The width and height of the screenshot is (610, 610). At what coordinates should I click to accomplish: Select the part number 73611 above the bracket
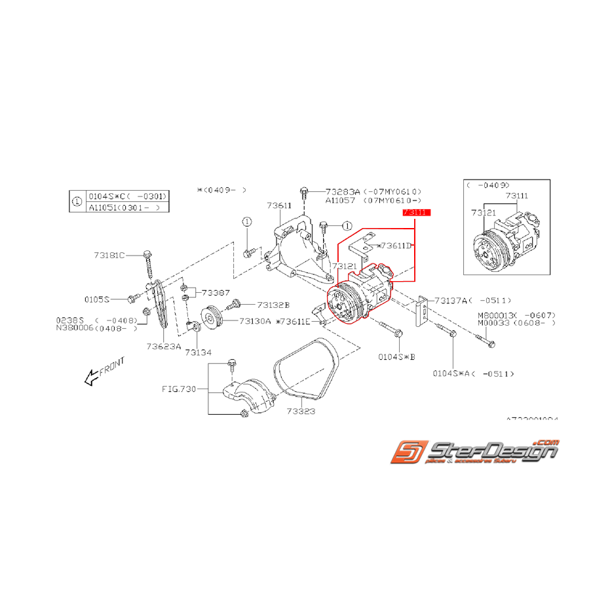[x=279, y=205]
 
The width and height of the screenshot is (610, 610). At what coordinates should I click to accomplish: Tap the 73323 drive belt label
[x=301, y=411]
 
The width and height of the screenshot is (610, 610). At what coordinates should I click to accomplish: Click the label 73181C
[x=109, y=255]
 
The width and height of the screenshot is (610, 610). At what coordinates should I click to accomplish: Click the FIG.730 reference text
[x=179, y=389]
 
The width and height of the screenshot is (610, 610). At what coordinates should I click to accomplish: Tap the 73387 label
[x=216, y=292]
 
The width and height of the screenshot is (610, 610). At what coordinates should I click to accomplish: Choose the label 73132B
[x=273, y=305]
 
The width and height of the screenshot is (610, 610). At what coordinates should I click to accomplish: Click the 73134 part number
[x=198, y=353]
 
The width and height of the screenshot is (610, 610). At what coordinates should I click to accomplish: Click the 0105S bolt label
[x=97, y=299]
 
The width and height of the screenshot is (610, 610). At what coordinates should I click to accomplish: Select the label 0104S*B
[x=397, y=357]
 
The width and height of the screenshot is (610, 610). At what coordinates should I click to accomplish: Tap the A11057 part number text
[x=341, y=200]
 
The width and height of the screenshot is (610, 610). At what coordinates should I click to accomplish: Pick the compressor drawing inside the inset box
[x=506, y=237]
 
